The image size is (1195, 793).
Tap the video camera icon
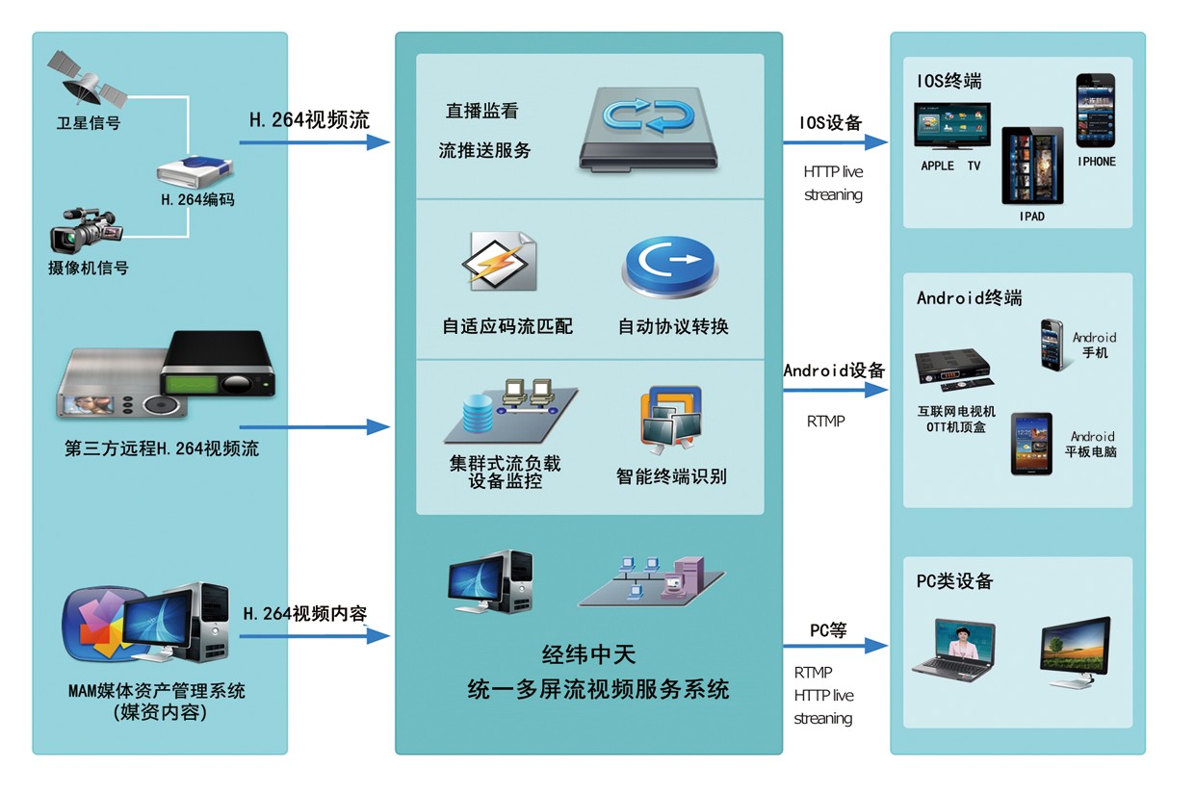click(86, 231)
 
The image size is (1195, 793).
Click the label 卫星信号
click(88, 123)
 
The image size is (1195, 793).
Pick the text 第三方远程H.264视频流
click(162, 448)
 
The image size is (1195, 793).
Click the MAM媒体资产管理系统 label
click(156, 690)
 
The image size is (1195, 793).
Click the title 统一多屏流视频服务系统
click(597, 689)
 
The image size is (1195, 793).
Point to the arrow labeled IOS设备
click(834, 142)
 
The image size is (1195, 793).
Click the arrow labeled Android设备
click(834, 390)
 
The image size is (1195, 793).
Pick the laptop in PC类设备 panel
click(953, 652)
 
